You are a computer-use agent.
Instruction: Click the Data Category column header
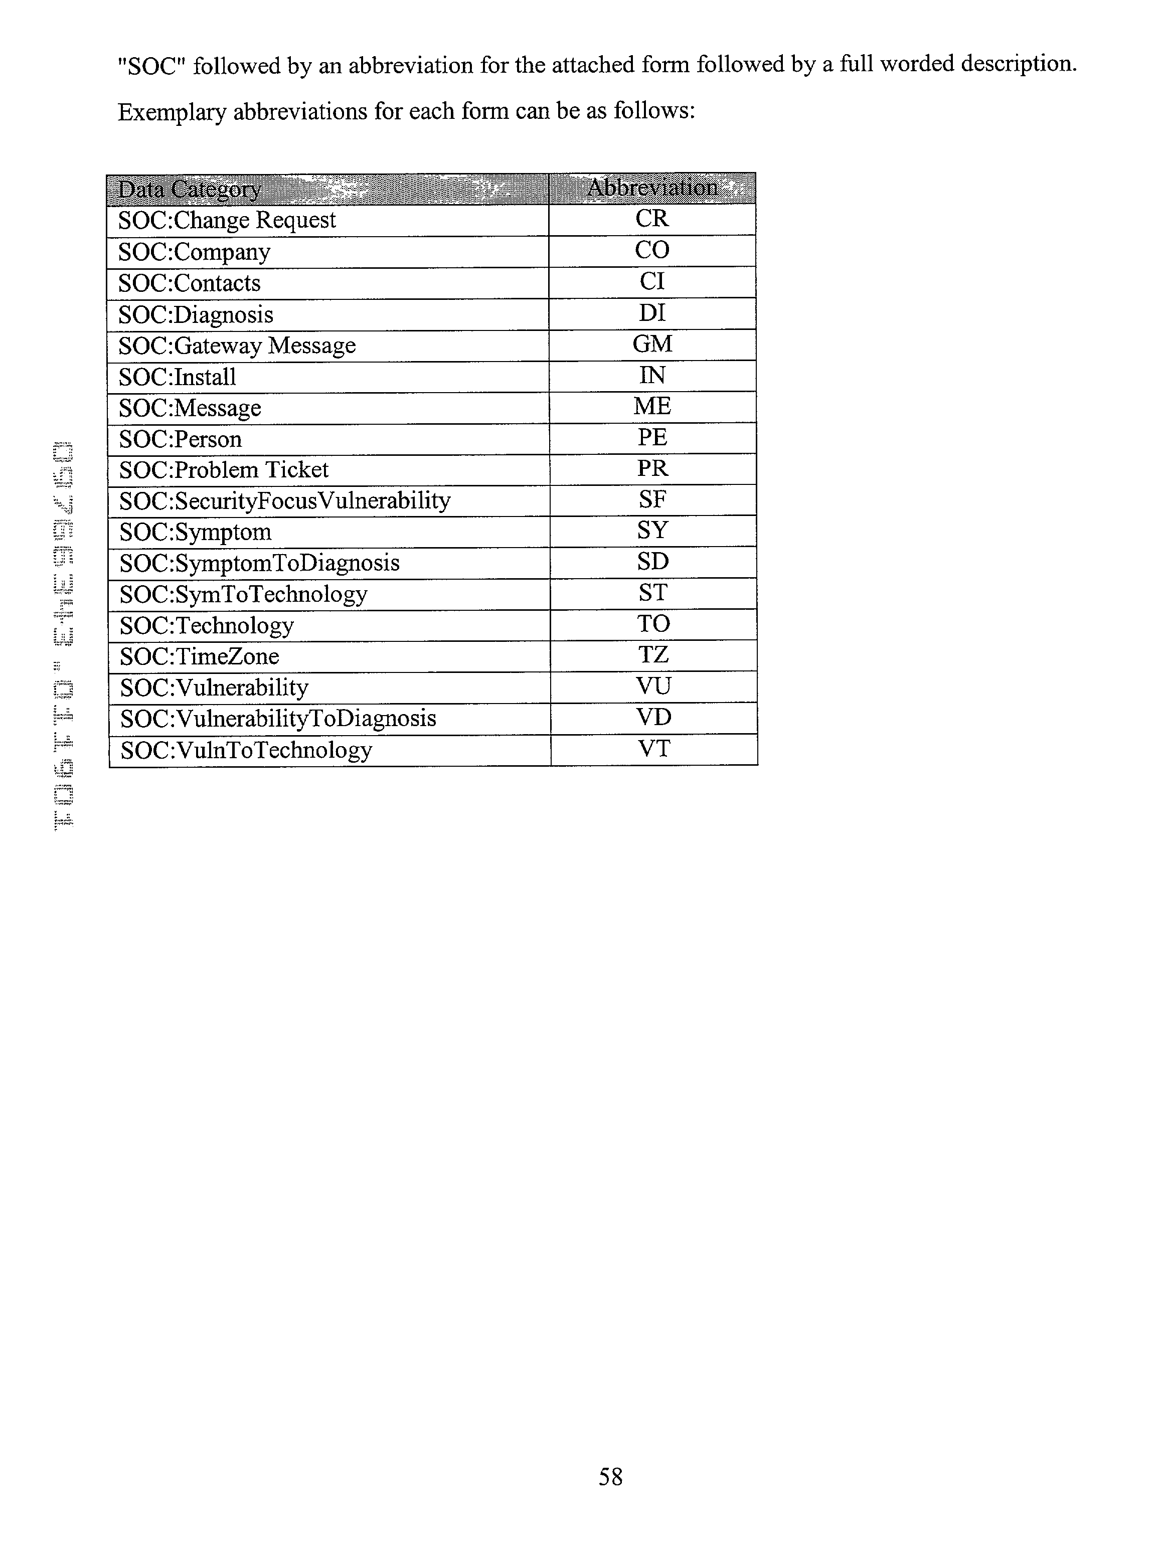[190, 189]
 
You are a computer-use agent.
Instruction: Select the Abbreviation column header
[652, 188]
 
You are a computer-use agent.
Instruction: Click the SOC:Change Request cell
[227, 220]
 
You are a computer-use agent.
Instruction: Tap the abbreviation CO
[652, 250]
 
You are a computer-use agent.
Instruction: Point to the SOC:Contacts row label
[189, 283]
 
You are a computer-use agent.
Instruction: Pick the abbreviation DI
[652, 313]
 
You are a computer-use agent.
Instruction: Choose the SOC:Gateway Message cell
[237, 345]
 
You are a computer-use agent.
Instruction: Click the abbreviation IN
[652, 376]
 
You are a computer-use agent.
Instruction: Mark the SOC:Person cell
[180, 439]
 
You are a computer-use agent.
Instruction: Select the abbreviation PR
[652, 468]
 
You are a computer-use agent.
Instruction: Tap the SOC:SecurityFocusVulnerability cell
[284, 500]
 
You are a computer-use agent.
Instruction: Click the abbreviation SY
[652, 531]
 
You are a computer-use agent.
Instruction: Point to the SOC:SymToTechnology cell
[243, 594]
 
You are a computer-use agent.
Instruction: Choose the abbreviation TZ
[653, 655]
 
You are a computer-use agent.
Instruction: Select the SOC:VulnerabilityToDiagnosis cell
[278, 719]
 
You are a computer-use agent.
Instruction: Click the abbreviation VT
[654, 749]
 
